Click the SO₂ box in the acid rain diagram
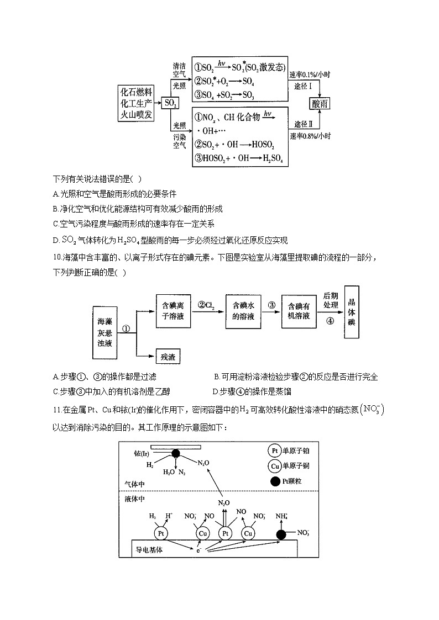point(171,103)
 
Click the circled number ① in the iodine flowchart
point(126,328)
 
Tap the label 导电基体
point(149,550)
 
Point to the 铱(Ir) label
point(142,454)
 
